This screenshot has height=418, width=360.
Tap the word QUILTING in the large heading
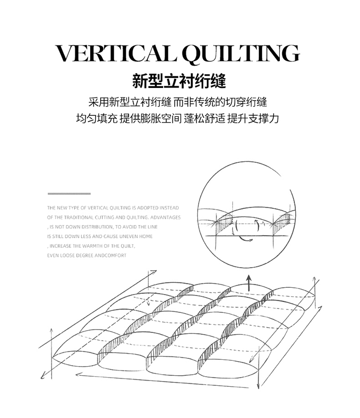[x=240, y=54]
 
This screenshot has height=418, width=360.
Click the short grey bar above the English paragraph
[x=69, y=193]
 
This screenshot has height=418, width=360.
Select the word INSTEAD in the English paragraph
[x=168, y=208]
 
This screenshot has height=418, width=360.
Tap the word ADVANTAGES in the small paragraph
[x=166, y=217]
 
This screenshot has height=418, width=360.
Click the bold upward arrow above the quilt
[x=249, y=283]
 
